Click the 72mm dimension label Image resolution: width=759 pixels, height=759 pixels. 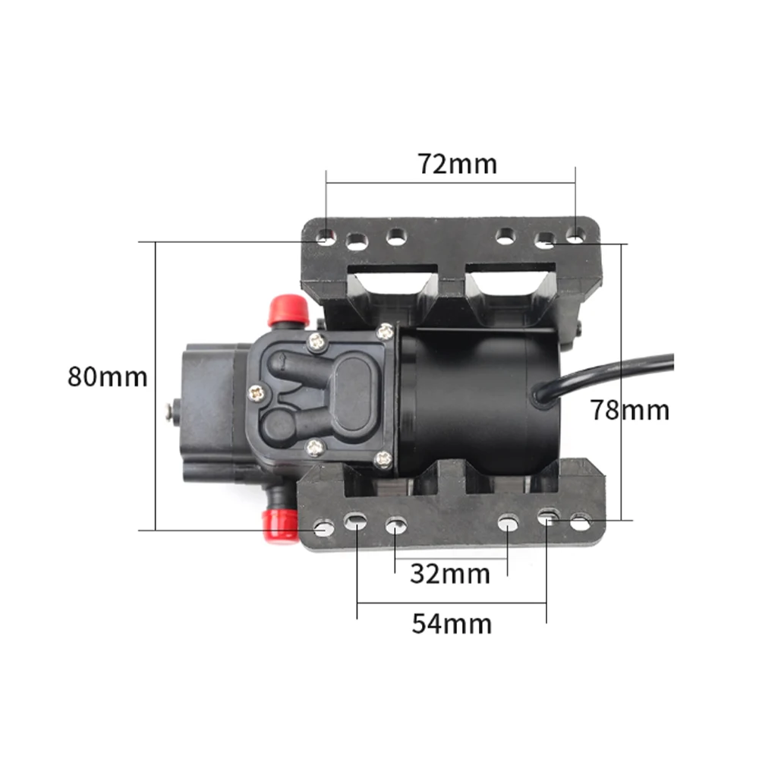pyautogui.click(x=457, y=163)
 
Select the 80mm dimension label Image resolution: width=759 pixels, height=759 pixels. pyautogui.click(x=107, y=376)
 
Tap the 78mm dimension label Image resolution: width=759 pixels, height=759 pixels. pyautogui.click(x=631, y=410)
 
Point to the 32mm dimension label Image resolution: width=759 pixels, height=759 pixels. pyautogui.click(x=450, y=574)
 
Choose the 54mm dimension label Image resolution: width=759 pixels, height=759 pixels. pyautogui.click(x=452, y=624)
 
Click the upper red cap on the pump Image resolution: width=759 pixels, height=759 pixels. pyautogui.click(x=288, y=310)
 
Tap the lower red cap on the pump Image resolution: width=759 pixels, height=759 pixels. pyautogui.click(x=279, y=525)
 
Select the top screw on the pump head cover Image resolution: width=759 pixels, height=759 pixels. pyautogui.click(x=386, y=330)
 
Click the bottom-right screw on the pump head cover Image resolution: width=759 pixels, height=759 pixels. pyautogui.click(x=384, y=458)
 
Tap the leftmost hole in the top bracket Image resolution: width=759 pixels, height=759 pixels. pyautogui.click(x=325, y=238)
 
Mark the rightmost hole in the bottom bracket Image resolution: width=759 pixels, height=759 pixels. pyautogui.click(x=581, y=522)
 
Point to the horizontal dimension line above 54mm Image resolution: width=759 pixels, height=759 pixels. pyautogui.click(x=452, y=604)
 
